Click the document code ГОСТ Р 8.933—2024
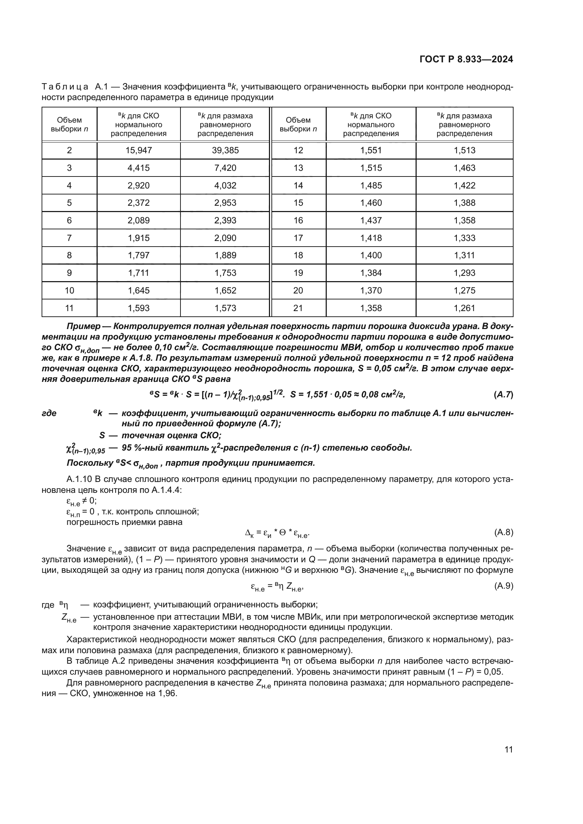click(x=466, y=60)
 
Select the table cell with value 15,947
click(x=139, y=150)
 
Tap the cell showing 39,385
click(x=225, y=150)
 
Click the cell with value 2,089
click(x=139, y=220)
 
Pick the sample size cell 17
click(x=298, y=238)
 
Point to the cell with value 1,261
click(x=464, y=308)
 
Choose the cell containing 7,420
click(x=225, y=168)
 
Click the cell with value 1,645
click(x=139, y=290)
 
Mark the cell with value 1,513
click(x=464, y=150)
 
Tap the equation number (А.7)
click(x=503, y=395)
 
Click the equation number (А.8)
click(x=504, y=532)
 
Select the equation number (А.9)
click(x=504, y=586)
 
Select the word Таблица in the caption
click(x=65, y=87)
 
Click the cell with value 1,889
click(x=225, y=255)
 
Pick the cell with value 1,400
click(x=371, y=255)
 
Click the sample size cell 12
click(x=298, y=150)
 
